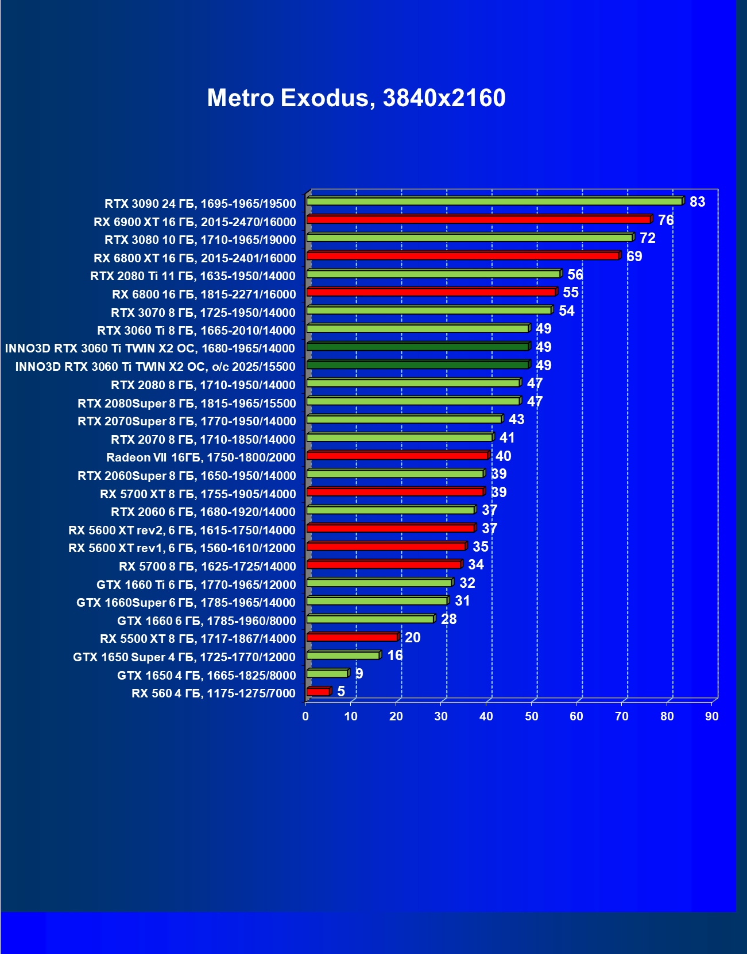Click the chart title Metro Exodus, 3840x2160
point(356,98)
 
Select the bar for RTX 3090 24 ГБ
point(494,201)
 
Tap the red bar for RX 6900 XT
point(478,219)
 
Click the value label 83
point(697,202)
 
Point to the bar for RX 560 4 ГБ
point(318,692)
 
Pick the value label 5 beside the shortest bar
point(341,692)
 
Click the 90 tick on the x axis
point(712,716)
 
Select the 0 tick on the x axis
point(305,716)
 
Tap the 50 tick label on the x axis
point(532,716)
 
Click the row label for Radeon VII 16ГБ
point(201,457)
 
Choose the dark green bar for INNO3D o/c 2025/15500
point(417,364)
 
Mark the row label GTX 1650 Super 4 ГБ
point(184,657)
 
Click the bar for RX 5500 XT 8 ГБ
point(352,637)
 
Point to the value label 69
point(634,257)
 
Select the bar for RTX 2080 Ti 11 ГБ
point(434,274)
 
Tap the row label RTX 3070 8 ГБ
point(203,313)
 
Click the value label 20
point(412,638)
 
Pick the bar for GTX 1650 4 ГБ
point(327,673)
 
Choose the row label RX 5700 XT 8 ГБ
point(198,494)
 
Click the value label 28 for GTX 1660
point(448,619)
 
